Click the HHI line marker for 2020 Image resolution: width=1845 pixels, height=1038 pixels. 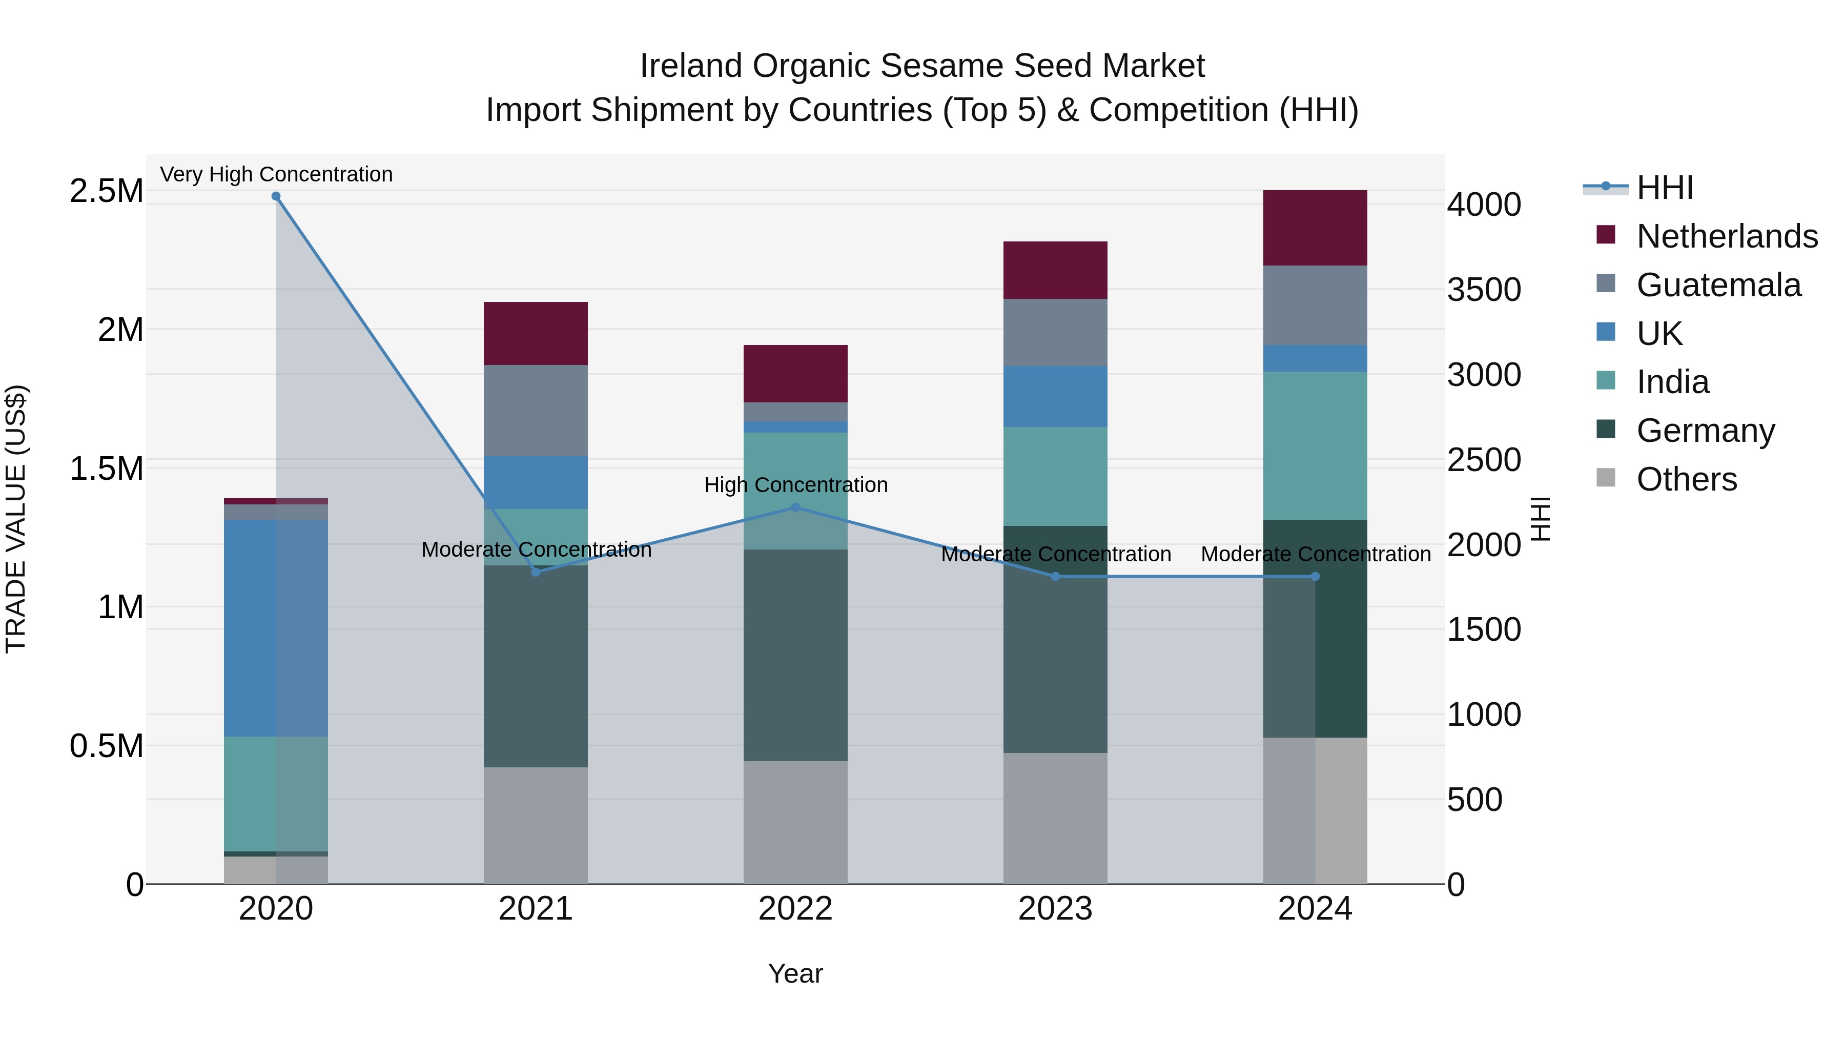[x=276, y=196]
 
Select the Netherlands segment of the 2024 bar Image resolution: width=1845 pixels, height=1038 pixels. [x=1315, y=228]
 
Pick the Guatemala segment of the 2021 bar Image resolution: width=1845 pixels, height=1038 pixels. [x=536, y=411]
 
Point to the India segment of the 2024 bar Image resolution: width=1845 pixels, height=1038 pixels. [x=1315, y=445]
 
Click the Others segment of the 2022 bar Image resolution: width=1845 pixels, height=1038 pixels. [x=795, y=822]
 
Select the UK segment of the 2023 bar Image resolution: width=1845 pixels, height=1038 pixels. [x=1055, y=396]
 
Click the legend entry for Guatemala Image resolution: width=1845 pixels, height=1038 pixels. [x=1717, y=285]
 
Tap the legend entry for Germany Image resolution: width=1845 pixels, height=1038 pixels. [x=1705, y=431]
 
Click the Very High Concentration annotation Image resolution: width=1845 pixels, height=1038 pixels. [x=276, y=174]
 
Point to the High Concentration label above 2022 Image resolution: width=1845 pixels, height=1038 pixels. [x=795, y=485]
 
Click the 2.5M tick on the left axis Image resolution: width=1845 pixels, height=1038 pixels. [x=106, y=191]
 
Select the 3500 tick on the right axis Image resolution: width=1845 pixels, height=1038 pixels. [x=1483, y=290]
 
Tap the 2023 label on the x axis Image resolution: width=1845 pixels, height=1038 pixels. [x=1055, y=909]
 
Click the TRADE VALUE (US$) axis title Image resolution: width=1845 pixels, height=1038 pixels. [x=16, y=519]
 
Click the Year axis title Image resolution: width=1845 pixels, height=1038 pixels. [x=795, y=973]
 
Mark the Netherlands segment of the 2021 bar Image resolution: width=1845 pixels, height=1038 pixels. [x=536, y=333]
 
